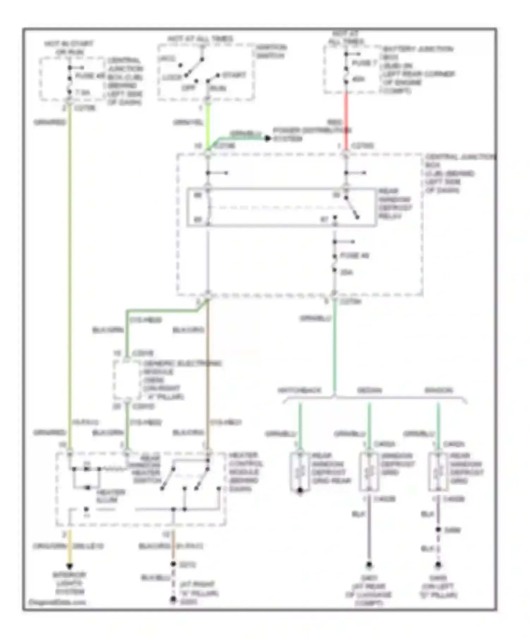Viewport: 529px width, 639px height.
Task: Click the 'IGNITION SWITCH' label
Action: pos(271,51)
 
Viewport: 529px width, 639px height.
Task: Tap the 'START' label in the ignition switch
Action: pos(234,75)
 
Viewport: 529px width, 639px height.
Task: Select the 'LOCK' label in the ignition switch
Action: pos(172,77)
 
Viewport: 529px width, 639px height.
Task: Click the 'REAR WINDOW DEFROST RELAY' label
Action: pos(395,204)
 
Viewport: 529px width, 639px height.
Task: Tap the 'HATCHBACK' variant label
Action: pos(299,390)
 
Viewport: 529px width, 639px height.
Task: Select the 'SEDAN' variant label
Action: pos(369,390)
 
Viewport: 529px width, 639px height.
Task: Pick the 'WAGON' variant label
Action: pos(438,390)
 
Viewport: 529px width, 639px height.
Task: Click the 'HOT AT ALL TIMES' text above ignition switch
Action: pos(200,39)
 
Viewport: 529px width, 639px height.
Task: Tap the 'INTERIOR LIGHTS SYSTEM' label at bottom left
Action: pos(69,583)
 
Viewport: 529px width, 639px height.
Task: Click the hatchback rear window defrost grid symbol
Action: pos(300,472)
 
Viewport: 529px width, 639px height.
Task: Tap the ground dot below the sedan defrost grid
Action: pos(369,564)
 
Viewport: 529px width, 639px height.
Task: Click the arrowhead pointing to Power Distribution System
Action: pos(267,138)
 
